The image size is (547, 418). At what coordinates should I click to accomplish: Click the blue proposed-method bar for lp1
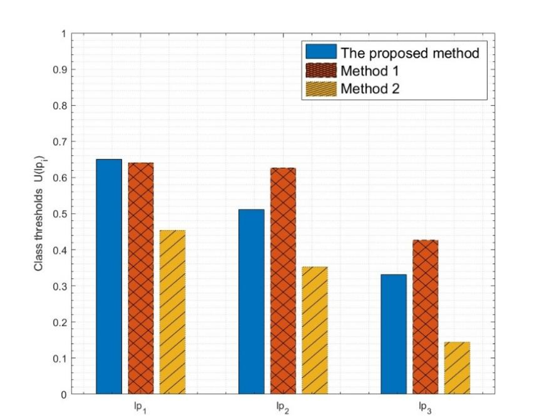[x=109, y=276]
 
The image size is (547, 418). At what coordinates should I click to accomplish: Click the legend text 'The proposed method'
[x=410, y=53]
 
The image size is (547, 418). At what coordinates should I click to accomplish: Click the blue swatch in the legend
[x=321, y=52]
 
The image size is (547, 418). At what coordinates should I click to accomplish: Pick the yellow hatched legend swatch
[x=321, y=89]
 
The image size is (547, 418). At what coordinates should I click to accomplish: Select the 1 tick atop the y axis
[x=64, y=34]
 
